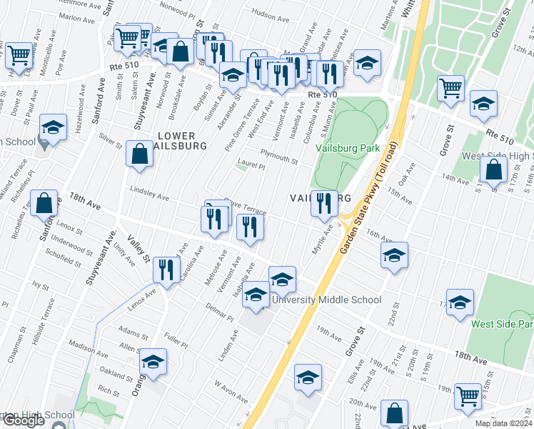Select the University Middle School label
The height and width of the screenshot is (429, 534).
pos(327,300)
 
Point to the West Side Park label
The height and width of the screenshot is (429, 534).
pos(502,323)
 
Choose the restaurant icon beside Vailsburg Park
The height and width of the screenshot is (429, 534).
pos(324,203)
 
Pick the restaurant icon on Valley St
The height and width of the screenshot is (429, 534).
pos(164,270)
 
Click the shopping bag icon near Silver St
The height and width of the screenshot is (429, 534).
pos(138,154)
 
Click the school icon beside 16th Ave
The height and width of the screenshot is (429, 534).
pos(394,255)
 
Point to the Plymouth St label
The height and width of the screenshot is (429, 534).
pos(278,157)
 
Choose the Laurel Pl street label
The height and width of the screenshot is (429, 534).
pos(252,166)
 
